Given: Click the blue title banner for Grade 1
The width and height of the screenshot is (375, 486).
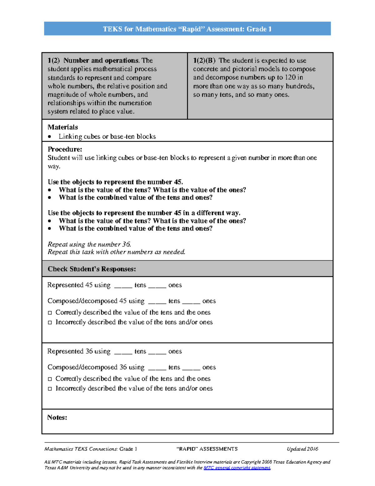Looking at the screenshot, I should (187, 29).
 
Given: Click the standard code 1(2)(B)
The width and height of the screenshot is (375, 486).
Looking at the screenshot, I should (204, 60).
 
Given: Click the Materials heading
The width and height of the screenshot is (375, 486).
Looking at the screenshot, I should (62, 127).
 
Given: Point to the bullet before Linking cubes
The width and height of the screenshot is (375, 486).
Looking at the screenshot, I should (49, 136).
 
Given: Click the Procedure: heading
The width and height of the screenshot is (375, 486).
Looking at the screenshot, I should (65, 149).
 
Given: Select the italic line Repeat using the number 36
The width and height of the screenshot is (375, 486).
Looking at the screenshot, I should (89, 244).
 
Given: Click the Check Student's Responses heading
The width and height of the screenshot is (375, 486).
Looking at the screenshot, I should (92, 269).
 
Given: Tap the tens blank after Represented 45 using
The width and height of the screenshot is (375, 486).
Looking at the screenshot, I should (123, 286).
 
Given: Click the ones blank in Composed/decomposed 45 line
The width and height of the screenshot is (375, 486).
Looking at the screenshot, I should (191, 302).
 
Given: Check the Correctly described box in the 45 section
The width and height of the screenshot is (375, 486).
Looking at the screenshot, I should (50, 313).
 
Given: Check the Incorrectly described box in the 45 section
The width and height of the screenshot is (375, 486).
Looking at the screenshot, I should (50, 322).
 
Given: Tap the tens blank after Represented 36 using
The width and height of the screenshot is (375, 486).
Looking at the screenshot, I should (123, 352).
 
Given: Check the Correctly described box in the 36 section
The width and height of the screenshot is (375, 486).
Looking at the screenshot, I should (50, 379).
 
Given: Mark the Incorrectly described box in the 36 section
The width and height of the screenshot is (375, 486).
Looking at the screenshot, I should (50, 389).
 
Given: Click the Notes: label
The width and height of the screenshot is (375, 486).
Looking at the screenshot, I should (57, 417).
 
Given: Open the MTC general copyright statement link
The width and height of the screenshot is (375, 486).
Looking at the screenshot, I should (237, 468).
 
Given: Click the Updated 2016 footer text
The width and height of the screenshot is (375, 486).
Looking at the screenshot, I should (302, 449).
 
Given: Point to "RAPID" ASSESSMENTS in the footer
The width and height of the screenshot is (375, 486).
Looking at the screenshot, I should (207, 449).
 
